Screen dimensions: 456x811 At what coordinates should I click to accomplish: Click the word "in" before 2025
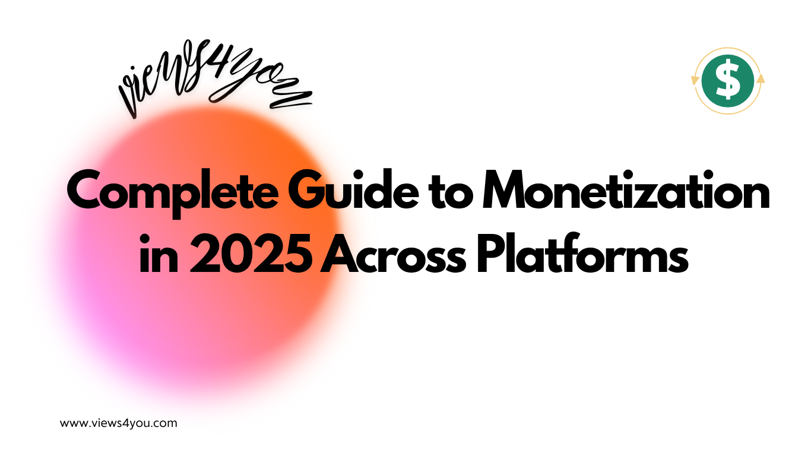tap(154, 256)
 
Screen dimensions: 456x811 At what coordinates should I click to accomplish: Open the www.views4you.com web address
tap(119, 423)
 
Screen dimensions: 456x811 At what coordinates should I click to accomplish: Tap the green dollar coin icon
tap(727, 81)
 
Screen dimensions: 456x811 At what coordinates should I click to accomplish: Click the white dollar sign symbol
tap(727, 81)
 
